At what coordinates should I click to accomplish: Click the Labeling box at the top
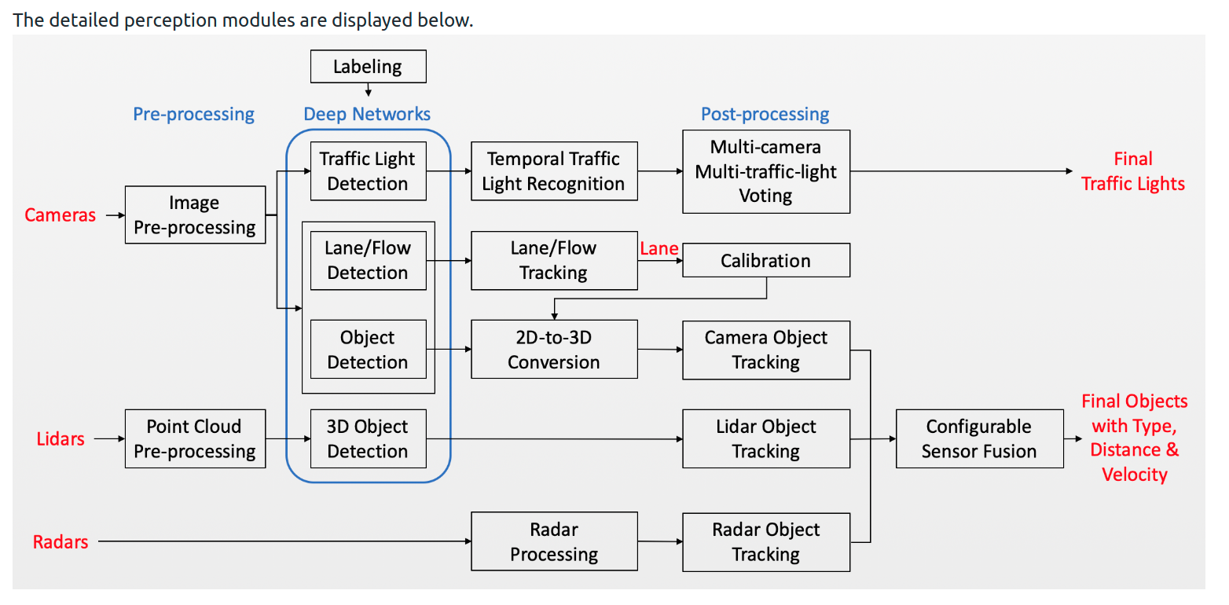tap(368, 67)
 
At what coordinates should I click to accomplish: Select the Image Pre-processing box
tap(195, 215)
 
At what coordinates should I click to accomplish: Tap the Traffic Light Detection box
tap(368, 171)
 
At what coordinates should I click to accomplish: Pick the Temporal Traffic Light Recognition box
tap(553, 171)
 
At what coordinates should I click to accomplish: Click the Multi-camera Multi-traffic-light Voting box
tap(765, 171)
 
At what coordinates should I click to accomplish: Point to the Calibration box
tap(765, 261)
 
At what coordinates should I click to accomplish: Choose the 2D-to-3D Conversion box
tap(553, 350)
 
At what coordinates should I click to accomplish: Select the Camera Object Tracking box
tap(765, 350)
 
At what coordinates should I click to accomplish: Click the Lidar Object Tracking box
tap(765, 438)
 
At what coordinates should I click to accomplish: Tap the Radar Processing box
tap(553, 542)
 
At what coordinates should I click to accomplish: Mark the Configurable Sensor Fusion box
tap(979, 438)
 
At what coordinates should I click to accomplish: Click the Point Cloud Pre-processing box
tap(195, 438)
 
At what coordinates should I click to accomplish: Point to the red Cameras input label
tap(60, 215)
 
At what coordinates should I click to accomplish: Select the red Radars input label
tap(60, 542)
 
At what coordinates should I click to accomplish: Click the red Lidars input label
tap(60, 438)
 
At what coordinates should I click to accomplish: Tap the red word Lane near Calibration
tap(659, 249)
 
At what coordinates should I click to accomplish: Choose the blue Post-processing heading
tap(765, 115)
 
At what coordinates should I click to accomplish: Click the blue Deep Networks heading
tap(367, 115)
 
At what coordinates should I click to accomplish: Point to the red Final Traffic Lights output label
tap(1132, 171)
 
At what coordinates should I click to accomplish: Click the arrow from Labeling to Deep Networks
tap(368, 90)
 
